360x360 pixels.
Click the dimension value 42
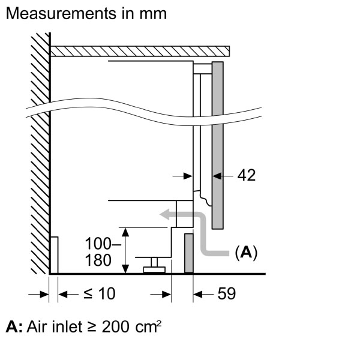247,175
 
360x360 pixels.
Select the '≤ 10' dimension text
98,293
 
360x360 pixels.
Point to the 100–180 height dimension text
98,252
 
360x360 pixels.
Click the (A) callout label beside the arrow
245,253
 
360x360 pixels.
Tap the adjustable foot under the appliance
155,264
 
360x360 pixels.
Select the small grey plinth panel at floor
188,253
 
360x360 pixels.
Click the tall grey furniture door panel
218,144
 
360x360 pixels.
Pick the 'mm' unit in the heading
154,13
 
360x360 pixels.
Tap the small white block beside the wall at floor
54,255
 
